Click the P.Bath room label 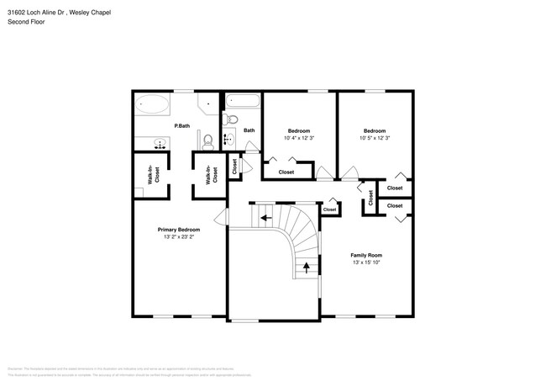click(181, 126)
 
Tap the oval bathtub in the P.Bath click(151, 106)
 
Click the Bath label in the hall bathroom click(249, 130)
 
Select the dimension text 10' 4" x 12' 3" click(299, 138)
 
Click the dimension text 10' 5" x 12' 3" click(374, 138)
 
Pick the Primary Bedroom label click(179, 229)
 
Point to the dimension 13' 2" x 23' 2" click(179, 237)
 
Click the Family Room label click(366, 255)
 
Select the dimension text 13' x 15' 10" click(366, 263)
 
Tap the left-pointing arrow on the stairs click(265, 217)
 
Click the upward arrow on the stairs click(306, 268)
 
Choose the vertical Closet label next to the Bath click(234, 166)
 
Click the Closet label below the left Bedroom click(286, 172)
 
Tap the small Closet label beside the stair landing click(329, 209)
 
